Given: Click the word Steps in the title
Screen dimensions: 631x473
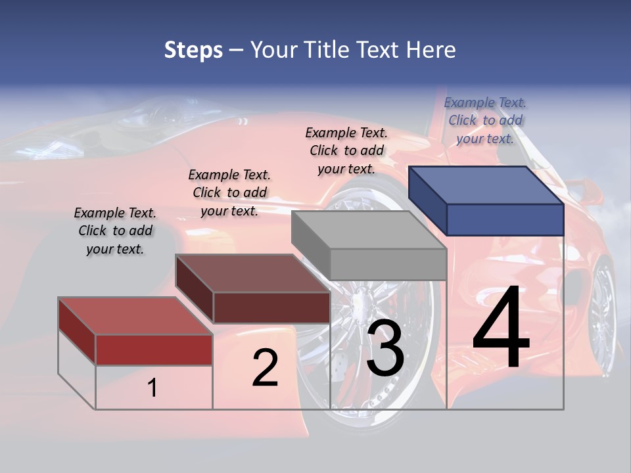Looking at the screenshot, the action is pyautogui.click(x=193, y=50).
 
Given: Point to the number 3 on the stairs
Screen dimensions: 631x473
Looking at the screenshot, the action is pyautogui.click(x=385, y=348).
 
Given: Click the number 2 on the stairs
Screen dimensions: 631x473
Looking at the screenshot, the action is pyautogui.click(x=265, y=368).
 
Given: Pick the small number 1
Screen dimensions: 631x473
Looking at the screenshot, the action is pyautogui.click(x=152, y=388).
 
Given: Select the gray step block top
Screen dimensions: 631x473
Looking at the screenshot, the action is pyautogui.click(x=369, y=229).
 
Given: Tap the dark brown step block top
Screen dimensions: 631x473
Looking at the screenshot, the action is pyautogui.click(x=252, y=273).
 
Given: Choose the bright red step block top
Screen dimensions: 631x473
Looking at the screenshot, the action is pyautogui.click(x=135, y=315).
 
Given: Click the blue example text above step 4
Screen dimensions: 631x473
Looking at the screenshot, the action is pyautogui.click(x=485, y=120).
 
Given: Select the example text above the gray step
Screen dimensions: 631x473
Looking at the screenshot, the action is pyautogui.click(x=346, y=150).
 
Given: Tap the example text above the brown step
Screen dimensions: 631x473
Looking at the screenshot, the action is pyautogui.click(x=229, y=192).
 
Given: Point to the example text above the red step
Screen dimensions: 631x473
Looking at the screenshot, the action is pyautogui.click(x=115, y=231).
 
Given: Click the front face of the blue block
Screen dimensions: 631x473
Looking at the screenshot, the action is pyautogui.click(x=505, y=219).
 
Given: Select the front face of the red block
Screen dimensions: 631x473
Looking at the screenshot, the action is pyautogui.click(x=154, y=349).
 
